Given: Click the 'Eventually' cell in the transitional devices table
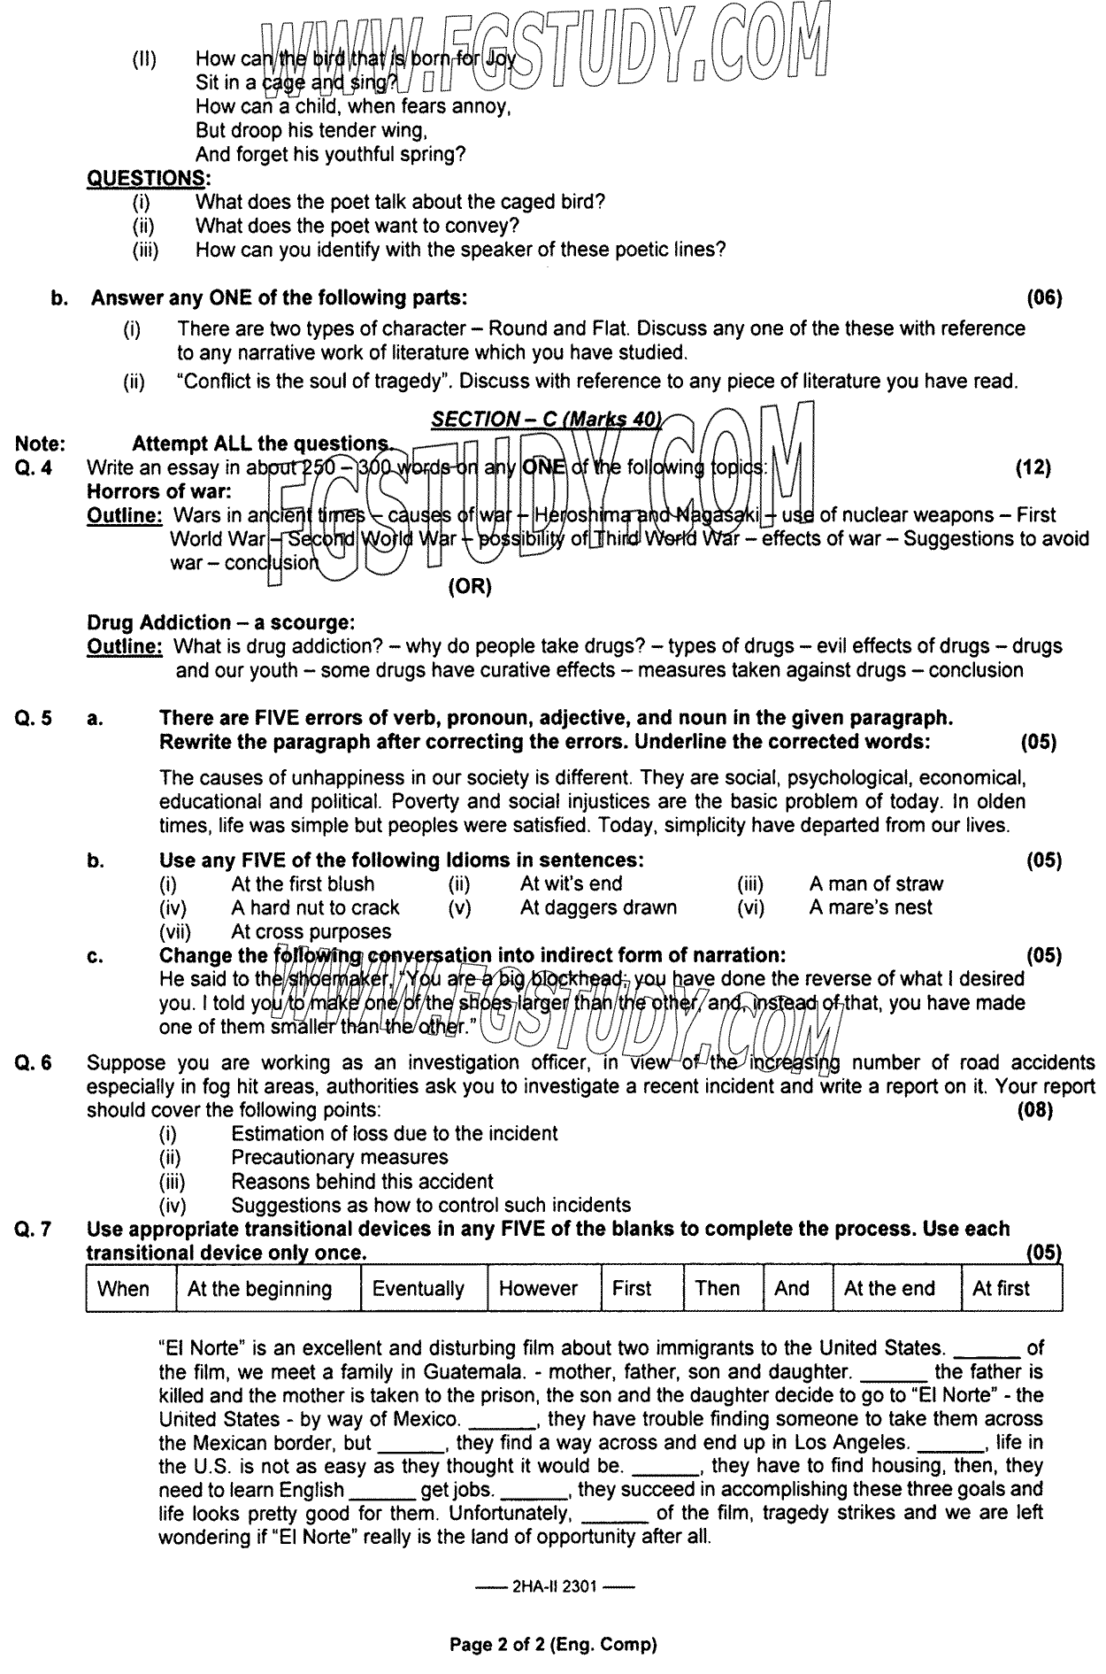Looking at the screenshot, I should pyautogui.click(x=418, y=1288).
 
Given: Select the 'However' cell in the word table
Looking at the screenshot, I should pyautogui.click(x=538, y=1288).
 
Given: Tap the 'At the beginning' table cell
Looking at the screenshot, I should pyautogui.click(x=259, y=1288).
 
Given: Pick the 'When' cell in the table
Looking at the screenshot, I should pyautogui.click(x=123, y=1288).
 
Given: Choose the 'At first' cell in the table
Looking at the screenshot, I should pyautogui.click(x=1001, y=1288).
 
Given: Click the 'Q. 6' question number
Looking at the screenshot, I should pyautogui.click(x=34, y=1062).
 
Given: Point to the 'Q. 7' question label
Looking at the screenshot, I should pyautogui.click(x=34, y=1229).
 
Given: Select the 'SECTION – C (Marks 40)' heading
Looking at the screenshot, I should pyautogui.click(x=546, y=420).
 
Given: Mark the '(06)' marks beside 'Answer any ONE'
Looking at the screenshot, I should pyautogui.click(x=1044, y=298).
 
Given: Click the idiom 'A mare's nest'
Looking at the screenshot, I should pyautogui.click(x=871, y=907).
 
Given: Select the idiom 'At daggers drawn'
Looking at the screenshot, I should pyautogui.click(x=598, y=907).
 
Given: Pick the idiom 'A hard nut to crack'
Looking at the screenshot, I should pyautogui.click(x=315, y=907).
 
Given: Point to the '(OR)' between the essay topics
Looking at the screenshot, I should pyautogui.click(x=470, y=586).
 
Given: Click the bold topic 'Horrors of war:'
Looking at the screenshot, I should pyautogui.click(x=159, y=491).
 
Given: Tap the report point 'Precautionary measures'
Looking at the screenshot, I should pyautogui.click(x=340, y=1157).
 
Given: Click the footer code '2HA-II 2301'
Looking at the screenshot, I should pyautogui.click(x=555, y=1587).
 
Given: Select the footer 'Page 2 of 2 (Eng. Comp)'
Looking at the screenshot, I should pyautogui.click(x=554, y=1645).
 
